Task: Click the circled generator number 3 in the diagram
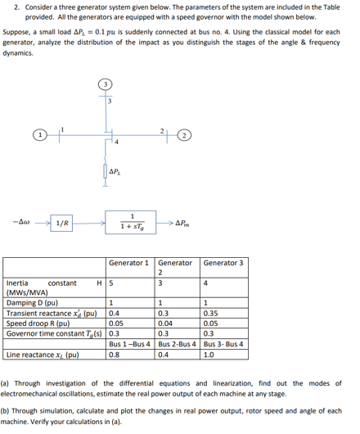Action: coord(105,84)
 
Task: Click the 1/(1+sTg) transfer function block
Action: coord(131,221)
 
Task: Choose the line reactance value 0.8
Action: coord(116,356)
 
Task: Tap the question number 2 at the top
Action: coord(7,7)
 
